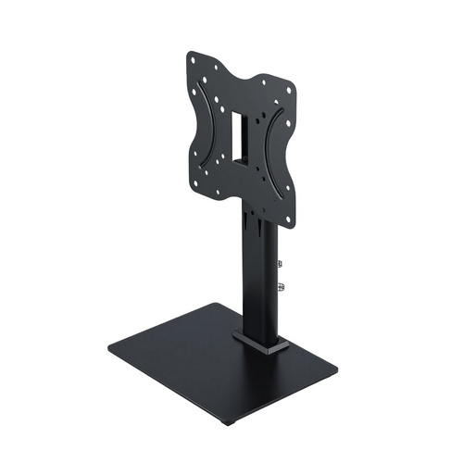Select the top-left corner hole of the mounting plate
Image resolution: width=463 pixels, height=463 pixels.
pyautogui.click(x=193, y=59)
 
